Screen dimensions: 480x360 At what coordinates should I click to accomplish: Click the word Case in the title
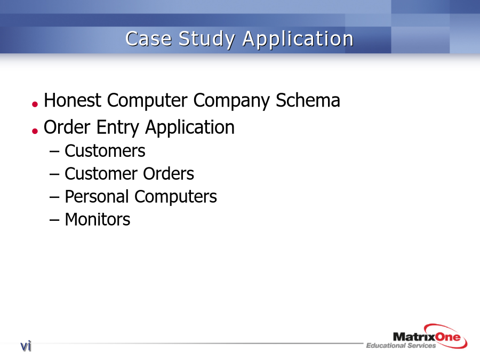[148, 39]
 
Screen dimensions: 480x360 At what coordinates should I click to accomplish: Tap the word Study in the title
[207, 39]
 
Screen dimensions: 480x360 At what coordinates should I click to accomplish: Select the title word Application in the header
[298, 39]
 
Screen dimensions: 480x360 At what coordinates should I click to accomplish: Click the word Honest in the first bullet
[73, 100]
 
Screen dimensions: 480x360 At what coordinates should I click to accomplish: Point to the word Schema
[308, 100]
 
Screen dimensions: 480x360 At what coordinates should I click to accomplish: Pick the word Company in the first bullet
[231, 101]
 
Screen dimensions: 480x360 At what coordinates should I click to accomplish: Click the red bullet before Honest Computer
[35, 105]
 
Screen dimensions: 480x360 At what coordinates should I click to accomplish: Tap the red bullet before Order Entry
[35, 131]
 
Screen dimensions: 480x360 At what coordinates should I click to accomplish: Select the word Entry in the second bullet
[118, 128]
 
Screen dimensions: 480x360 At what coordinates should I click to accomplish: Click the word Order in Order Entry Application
[67, 127]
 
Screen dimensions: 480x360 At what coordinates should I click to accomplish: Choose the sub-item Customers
[105, 151]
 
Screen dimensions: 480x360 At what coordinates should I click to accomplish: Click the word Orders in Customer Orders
[169, 173]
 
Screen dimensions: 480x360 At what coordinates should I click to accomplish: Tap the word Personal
[97, 196]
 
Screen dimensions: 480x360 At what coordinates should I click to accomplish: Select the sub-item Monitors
[98, 220]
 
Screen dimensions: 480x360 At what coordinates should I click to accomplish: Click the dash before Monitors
[54, 220]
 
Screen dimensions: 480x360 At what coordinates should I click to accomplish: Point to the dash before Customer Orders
[54, 174]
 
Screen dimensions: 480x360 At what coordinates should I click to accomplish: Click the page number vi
[26, 346]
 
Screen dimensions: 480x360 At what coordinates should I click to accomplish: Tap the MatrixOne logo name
[427, 337]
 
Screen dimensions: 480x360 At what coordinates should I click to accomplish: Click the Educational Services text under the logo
[401, 346]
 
